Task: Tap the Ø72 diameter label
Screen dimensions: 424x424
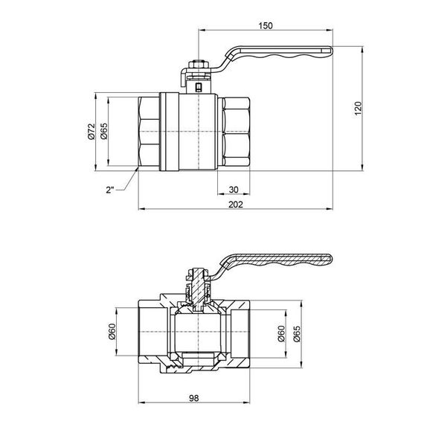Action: [90, 132]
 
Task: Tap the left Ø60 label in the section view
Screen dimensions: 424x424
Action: [112, 333]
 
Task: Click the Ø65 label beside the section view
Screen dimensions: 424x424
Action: [295, 333]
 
